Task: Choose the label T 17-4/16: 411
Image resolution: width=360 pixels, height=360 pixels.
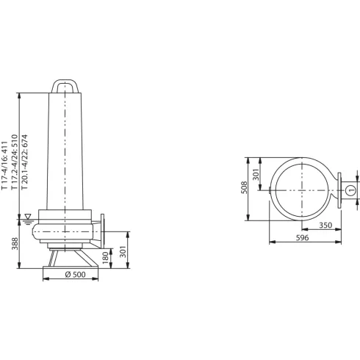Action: [6, 162]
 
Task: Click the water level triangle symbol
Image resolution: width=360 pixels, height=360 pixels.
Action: [28, 217]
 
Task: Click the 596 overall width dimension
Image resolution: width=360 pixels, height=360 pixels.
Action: [303, 237]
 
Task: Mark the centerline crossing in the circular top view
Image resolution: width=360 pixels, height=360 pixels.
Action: [302, 189]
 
